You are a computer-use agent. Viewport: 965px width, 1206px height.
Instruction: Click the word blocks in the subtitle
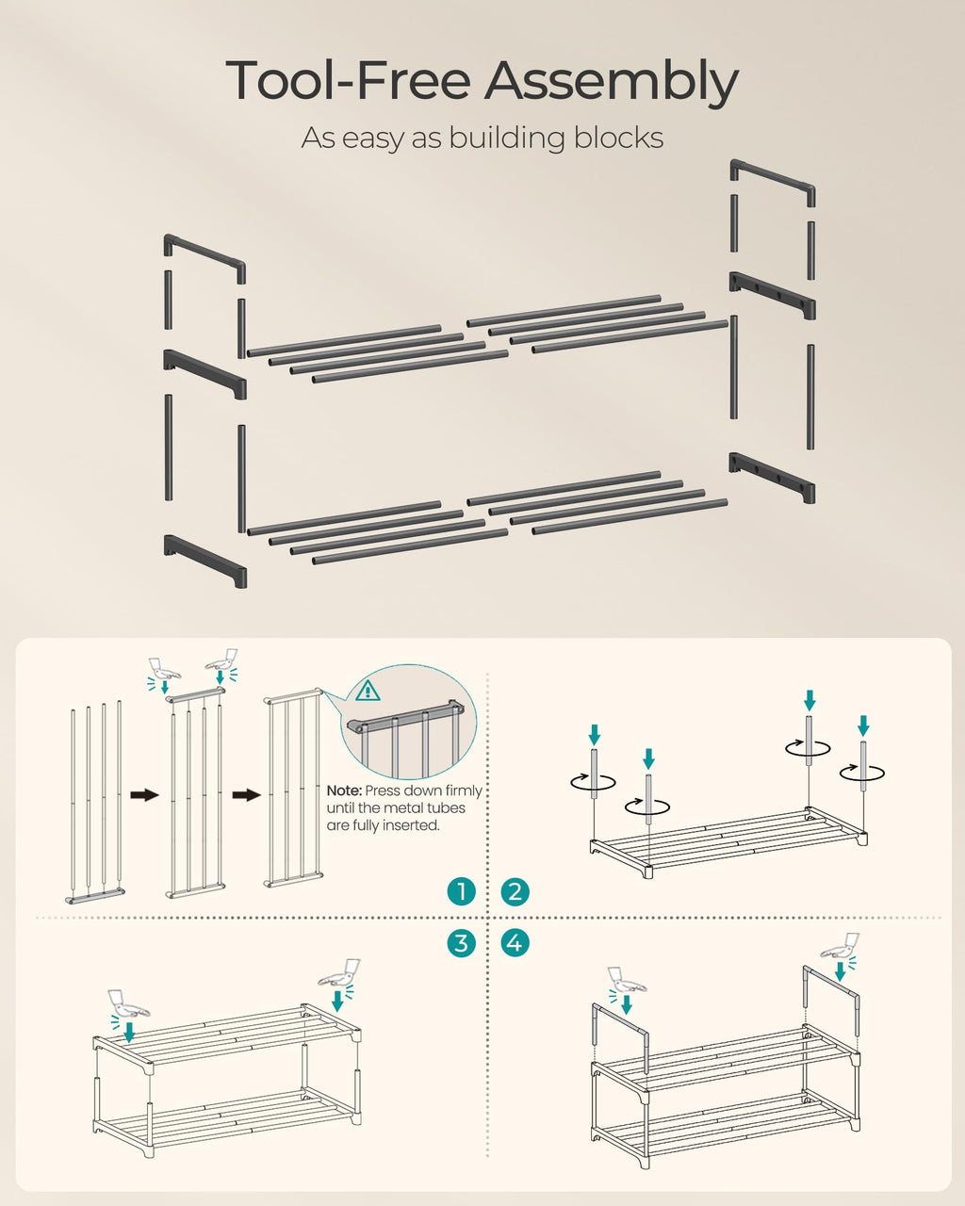coord(613,138)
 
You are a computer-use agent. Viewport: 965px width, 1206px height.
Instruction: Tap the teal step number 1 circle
coord(461,891)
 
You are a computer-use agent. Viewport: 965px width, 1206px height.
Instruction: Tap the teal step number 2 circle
coord(515,891)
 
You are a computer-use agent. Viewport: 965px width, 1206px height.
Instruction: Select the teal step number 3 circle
coord(461,942)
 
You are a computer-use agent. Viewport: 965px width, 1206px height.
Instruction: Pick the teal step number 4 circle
coord(515,942)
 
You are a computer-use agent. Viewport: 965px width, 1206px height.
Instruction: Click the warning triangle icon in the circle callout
coord(367,692)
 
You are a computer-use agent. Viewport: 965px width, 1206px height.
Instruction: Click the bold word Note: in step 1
coord(344,791)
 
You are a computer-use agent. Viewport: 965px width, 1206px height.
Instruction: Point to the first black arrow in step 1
coord(143,795)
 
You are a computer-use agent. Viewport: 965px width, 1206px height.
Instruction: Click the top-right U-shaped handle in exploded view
coord(772,180)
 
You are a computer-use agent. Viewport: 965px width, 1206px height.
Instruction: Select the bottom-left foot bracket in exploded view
coord(204,559)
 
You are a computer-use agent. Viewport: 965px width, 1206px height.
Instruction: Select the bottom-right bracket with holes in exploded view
coord(772,475)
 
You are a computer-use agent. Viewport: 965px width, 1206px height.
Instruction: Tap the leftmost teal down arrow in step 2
coord(595,733)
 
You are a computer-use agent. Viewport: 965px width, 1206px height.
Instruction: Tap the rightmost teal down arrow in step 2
coord(864,725)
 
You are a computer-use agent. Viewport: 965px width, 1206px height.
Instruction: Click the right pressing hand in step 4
coord(841,945)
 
